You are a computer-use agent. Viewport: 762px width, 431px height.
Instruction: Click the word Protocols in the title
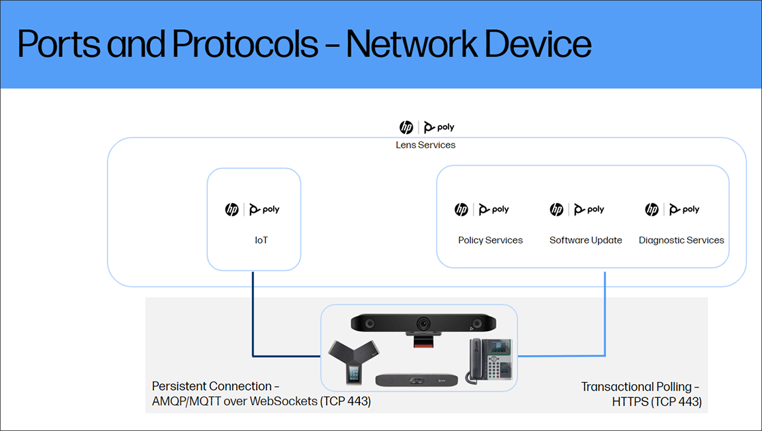[x=244, y=44]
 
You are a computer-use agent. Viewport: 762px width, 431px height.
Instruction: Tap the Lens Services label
[x=425, y=145]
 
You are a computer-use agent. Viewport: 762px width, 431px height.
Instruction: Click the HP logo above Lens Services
[x=406, y=128]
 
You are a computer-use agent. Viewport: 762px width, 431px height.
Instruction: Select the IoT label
[x=261, y=240]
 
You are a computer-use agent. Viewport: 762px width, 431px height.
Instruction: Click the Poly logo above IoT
[x=265, y=210]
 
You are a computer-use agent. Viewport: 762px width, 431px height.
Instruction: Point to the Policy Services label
[x=490, y=240]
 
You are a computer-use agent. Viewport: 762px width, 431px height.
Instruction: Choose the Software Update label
[x=585, y=240]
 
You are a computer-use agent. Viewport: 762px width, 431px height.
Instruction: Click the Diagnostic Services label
[x=681, y=240]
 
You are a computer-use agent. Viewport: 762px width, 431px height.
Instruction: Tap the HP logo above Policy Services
[x=461, y=210]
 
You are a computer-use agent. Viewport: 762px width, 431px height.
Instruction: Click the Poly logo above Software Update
[x=589, y=210]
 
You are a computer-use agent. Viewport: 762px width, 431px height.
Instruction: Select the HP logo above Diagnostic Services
[x=652, y=210]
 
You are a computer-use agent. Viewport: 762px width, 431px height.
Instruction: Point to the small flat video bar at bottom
[x=416, y=381]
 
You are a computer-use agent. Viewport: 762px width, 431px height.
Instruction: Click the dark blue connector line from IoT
[x=253, y=317]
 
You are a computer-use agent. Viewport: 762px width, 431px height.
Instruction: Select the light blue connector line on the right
[x=605, y=317]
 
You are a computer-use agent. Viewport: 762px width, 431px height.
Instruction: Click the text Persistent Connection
[x=212, y=386]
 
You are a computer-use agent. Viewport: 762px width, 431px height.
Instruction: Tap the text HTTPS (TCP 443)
[x=656, y=401]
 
